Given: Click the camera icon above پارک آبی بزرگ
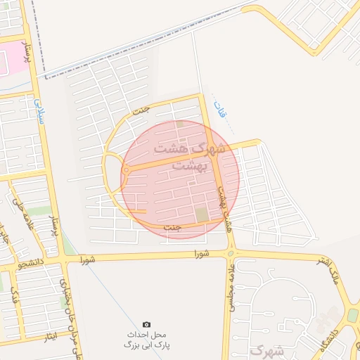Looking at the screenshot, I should [146, 324].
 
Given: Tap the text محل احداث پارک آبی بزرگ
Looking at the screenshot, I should [146, 340].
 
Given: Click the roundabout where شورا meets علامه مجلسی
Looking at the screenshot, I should [231, 254].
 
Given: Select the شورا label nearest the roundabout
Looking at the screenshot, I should [203, 255].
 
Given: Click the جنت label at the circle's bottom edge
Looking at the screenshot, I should [172, 228].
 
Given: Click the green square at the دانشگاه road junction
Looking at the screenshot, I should [353, 314].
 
